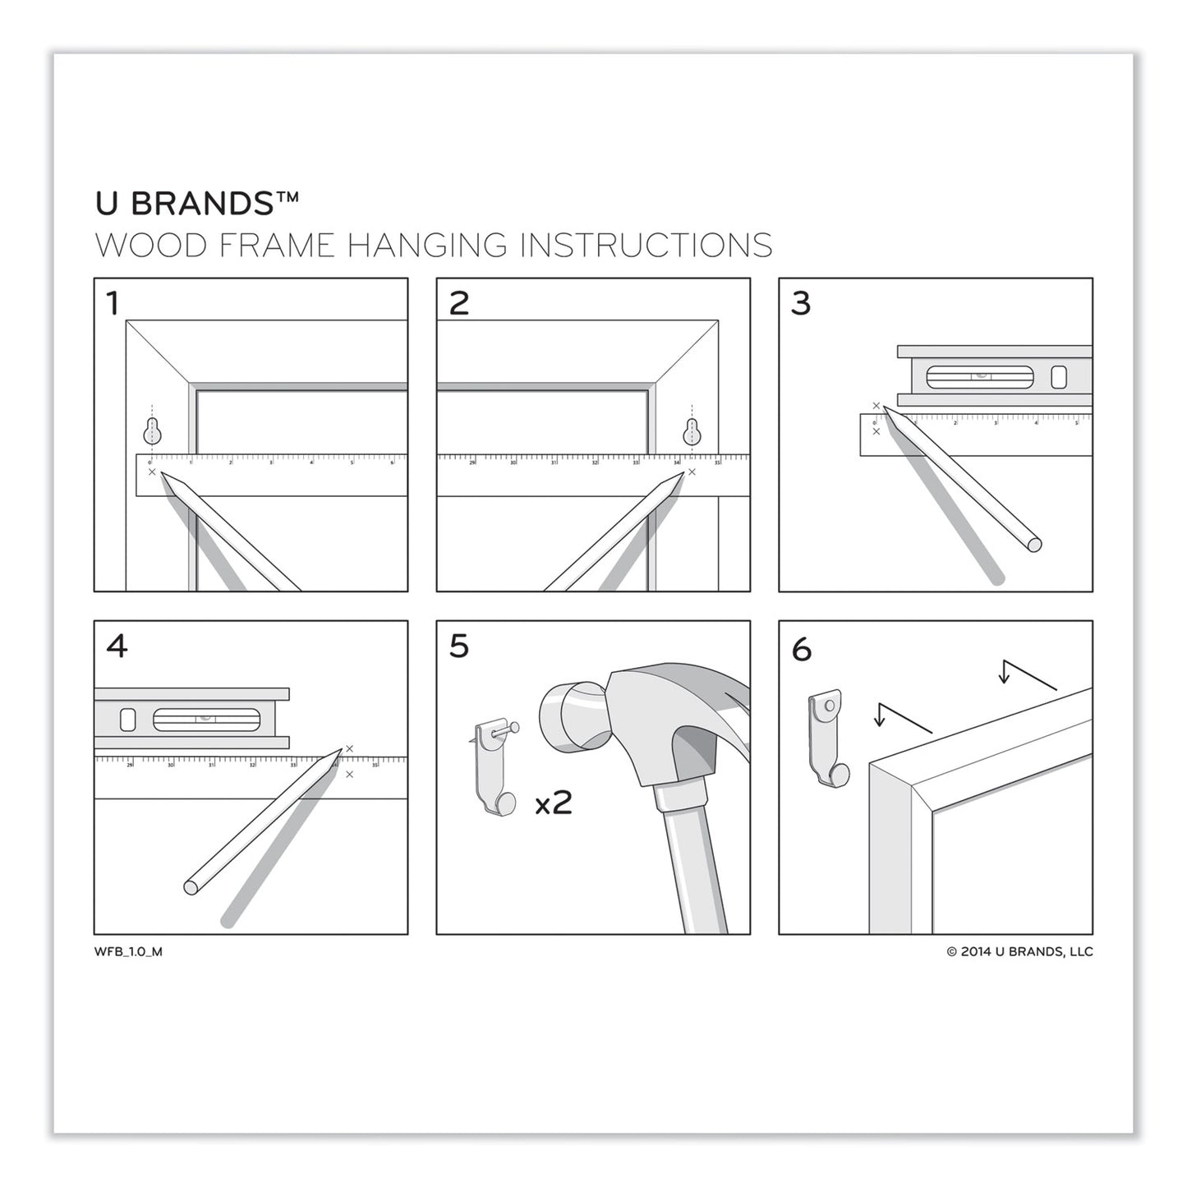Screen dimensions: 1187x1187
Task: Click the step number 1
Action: click(113, 304)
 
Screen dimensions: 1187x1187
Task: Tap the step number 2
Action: click(458, 304)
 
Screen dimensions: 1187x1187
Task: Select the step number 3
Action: click(801, 304)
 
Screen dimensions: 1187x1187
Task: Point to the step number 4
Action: click(117, 646)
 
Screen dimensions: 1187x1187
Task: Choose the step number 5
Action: click(458, 646)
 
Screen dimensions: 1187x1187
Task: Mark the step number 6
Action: click(801, 650)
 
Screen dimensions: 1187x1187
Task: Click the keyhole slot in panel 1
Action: click(152, 430)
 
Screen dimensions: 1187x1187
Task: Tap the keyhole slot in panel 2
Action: click(692, 430)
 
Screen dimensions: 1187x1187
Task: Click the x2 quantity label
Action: click(554, 803)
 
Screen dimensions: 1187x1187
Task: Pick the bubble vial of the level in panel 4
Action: click(206, 720)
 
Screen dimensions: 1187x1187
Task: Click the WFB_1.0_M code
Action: click(128, 952)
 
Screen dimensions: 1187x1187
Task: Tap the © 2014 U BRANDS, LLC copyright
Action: click(1019, 952)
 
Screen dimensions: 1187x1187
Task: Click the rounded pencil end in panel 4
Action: click(191, 887)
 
